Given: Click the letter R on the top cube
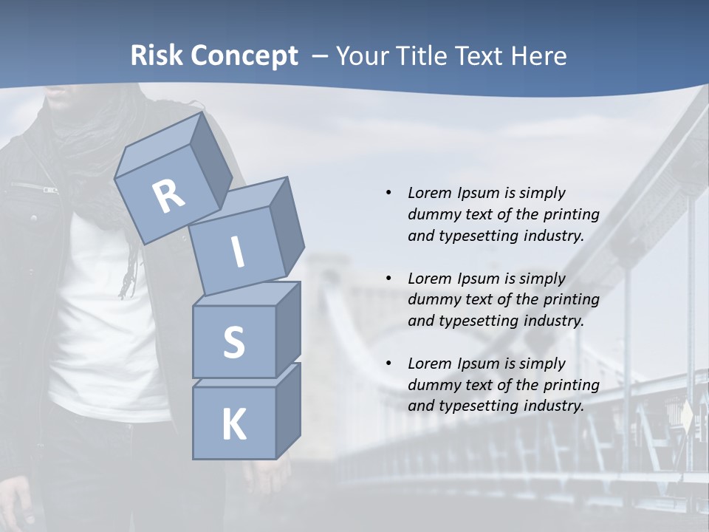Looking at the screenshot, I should (x=169, y=196).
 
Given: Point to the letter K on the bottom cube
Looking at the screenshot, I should (x=234, y=425).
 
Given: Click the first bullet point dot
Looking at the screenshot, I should (x=388, y=193).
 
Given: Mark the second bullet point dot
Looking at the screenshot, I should (x=388, y=279).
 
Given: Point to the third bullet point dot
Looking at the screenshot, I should (x=388, y=364).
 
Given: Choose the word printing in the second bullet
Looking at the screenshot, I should (x=571, y=300).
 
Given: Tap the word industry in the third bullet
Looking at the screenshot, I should (x=552, y=406).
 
